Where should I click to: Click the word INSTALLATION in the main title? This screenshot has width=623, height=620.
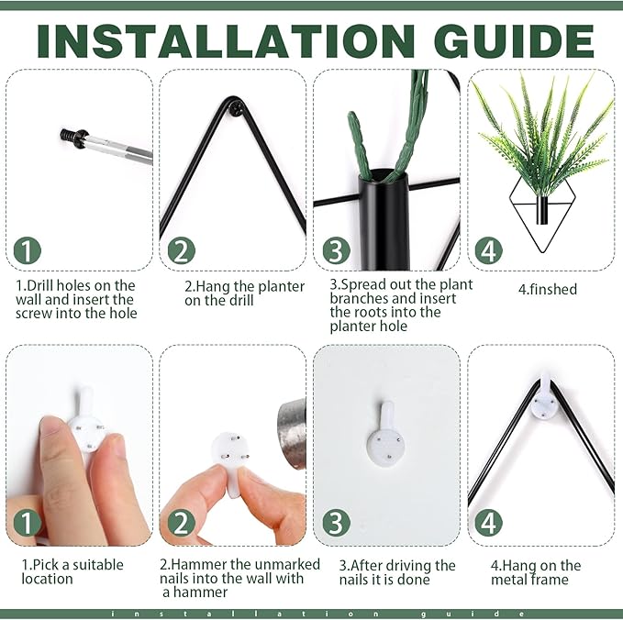226,41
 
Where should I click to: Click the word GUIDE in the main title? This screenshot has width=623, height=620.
513,41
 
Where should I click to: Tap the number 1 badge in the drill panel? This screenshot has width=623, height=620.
27,250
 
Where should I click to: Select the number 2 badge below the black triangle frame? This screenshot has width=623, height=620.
181,250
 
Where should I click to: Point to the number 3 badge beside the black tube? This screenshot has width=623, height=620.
336,250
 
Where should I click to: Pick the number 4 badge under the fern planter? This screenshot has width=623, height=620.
489,250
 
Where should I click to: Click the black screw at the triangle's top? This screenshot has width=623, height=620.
238,108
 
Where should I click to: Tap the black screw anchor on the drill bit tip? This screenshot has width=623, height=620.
73,138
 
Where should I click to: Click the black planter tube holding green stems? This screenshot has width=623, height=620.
384,220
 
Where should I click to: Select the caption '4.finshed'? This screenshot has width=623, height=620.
547,289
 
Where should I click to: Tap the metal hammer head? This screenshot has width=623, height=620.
292,434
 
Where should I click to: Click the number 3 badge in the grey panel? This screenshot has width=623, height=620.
336,523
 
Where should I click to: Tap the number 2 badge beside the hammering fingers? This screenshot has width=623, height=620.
181,523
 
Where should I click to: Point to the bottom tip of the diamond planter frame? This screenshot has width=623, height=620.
540,252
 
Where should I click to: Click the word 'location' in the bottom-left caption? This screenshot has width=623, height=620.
48,579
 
